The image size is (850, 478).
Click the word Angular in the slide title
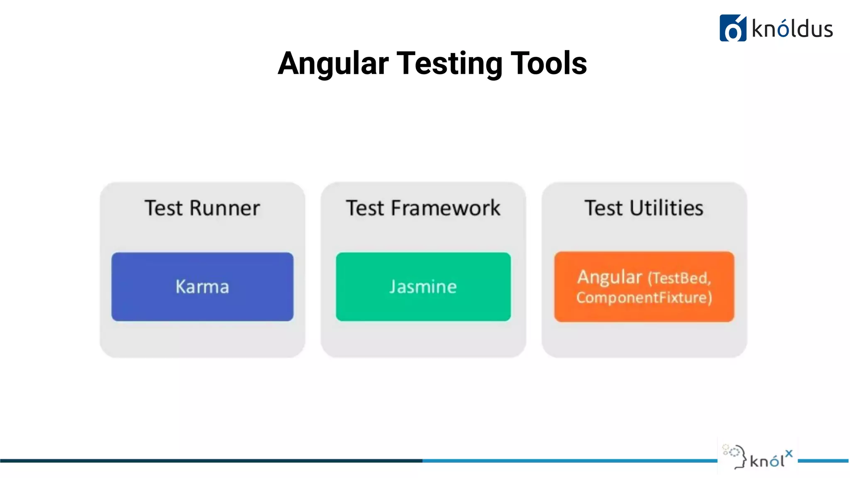pos(333,63)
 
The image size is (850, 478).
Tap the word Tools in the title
pos(548,63)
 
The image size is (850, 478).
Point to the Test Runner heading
pos(202,208)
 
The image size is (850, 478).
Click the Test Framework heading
pos(423,208)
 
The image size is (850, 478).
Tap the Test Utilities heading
pos(644,208)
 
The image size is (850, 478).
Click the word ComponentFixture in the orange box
pos(643,298)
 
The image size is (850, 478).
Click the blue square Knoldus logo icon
pos(733,28)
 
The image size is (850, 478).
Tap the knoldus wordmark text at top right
pos(792,29)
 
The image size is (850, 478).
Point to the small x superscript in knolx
pos(789,453)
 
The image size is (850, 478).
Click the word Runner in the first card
pos(225,208)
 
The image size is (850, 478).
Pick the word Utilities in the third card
pos(666,208)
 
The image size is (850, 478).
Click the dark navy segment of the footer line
pos(208,461)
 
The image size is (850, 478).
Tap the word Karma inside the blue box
pos(202,287)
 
